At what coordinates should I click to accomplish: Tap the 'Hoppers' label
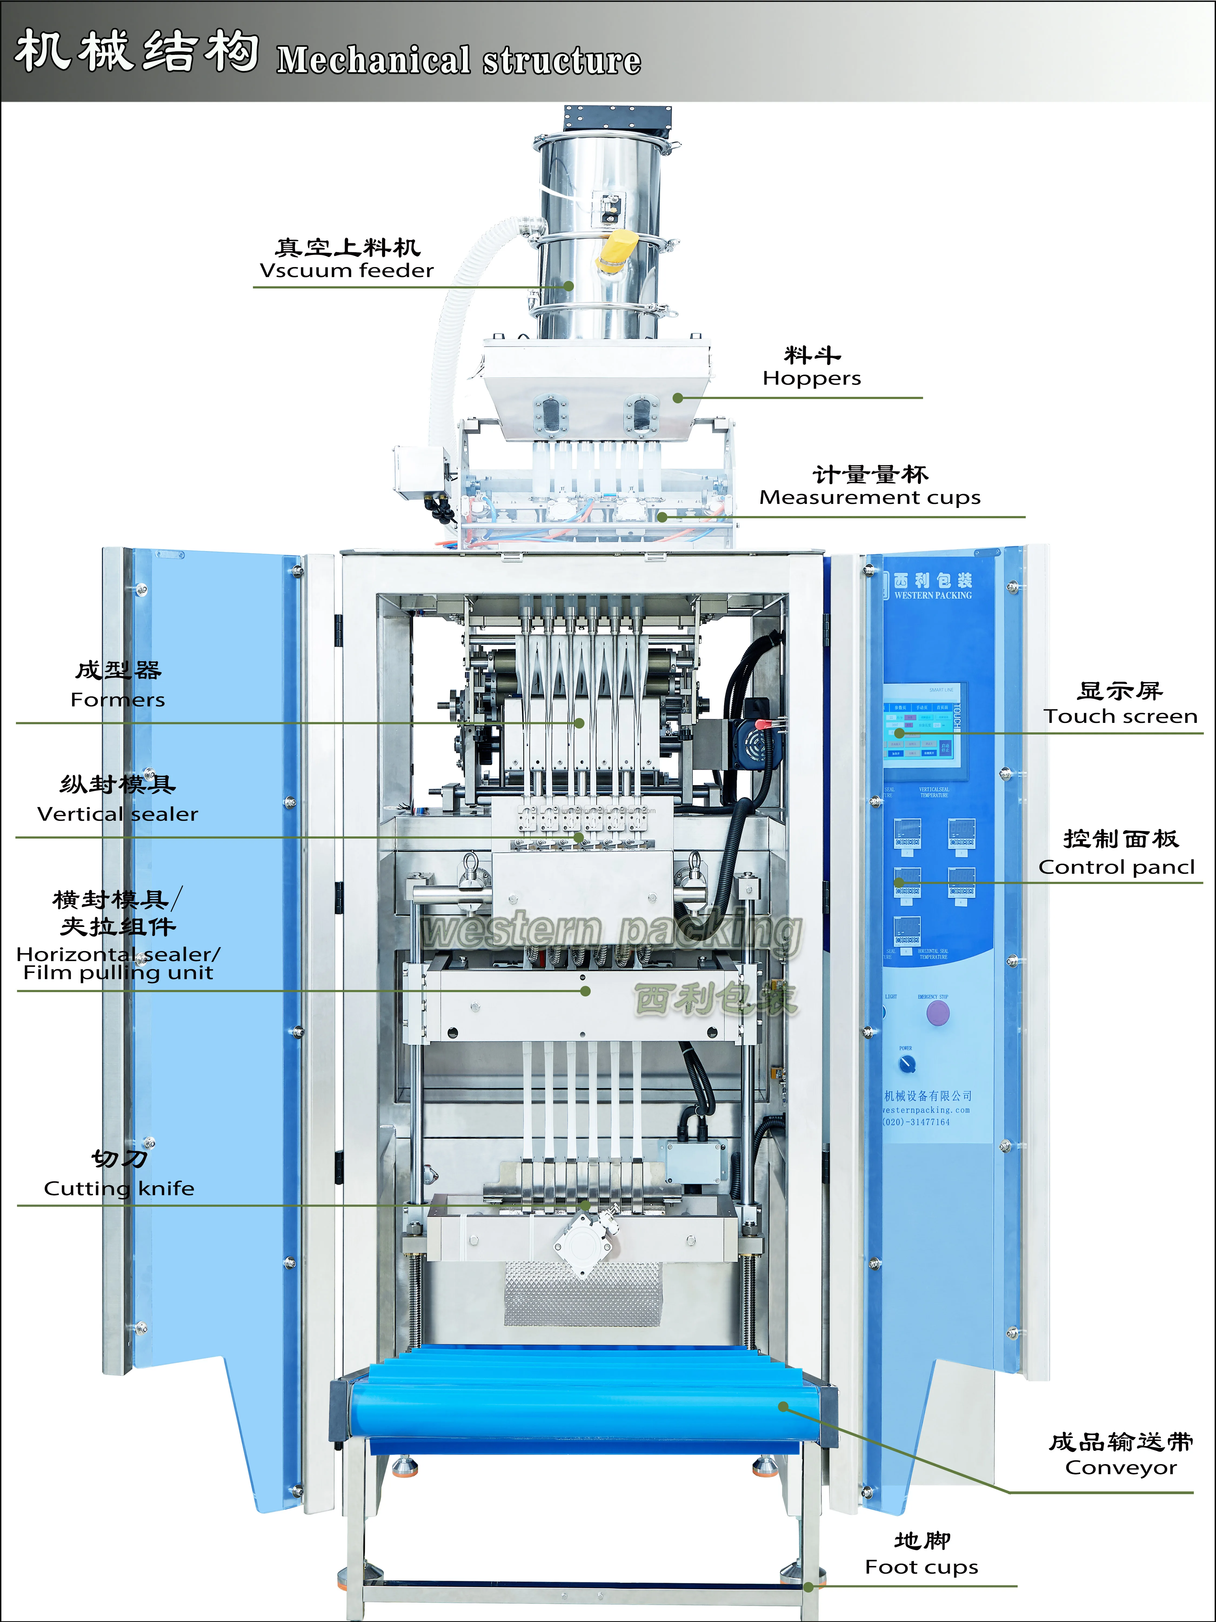[811, 378]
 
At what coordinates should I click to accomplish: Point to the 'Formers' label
[117, 700]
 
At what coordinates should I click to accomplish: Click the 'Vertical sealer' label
[117, 814]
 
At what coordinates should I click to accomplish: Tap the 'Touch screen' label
[1120, 716]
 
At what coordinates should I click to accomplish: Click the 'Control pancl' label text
[1116, 867]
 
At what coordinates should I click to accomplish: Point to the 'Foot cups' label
[921, 1567]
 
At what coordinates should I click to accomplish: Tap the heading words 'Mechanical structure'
[459, 60]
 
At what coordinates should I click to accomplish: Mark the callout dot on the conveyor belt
[783, 1407]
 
